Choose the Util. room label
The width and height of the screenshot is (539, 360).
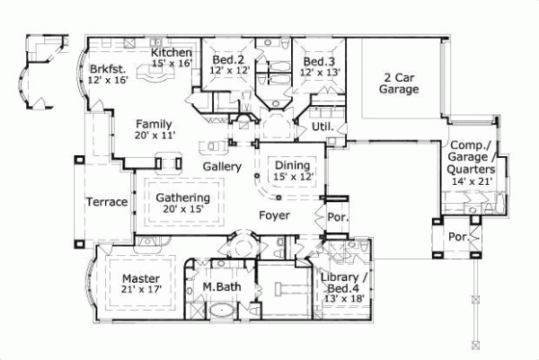click(x=323, y=127)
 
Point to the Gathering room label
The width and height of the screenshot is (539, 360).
click(x=182, y=198)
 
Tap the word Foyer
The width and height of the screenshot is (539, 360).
click(x=275, y=215)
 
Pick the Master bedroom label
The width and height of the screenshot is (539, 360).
click(x=140, y=278)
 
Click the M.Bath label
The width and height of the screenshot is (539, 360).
click(x=219, y=287)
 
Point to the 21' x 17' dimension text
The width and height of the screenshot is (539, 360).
click(x=140, y=290)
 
